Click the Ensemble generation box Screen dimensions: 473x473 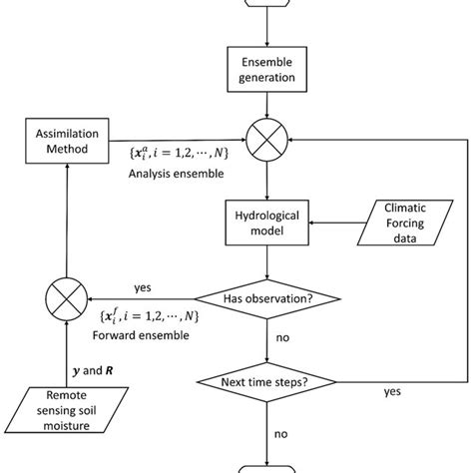pyautogui.click(x=267, y=73)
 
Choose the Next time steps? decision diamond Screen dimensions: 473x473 pyautogui.click(x=267, y=381)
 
